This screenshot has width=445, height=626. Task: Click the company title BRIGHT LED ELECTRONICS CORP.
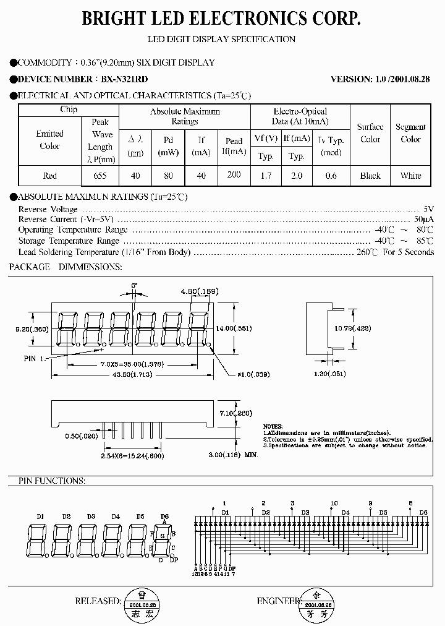tap(222, 20)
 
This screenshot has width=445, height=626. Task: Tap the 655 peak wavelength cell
tap(100, 176)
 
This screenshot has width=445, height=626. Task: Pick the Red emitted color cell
tap(49, 176)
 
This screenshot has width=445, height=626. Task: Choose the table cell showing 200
tap(234, 175)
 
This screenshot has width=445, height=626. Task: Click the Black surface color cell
tap(370, 176)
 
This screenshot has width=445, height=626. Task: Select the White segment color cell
tap(410, 176)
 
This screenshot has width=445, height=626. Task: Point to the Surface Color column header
tap(370, 133)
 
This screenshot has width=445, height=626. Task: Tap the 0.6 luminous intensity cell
tap(331, 176)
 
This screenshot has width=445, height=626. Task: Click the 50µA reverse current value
tap(423, 219)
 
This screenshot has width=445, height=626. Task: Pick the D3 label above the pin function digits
tap(91, 516)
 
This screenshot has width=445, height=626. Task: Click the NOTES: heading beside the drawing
tap(273, 427)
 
